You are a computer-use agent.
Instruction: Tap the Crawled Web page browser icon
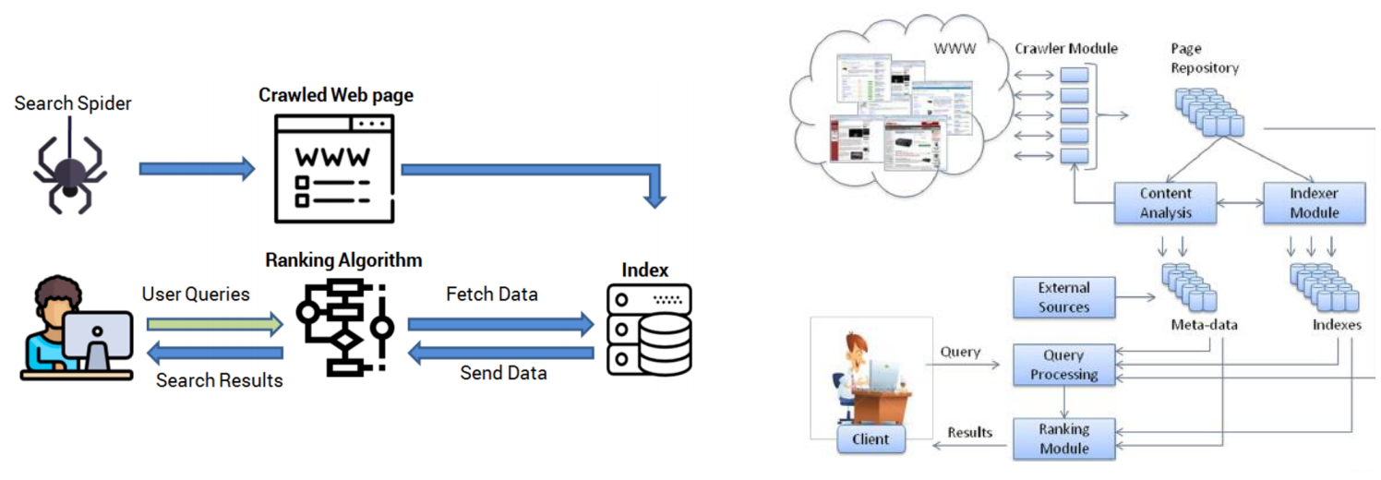(x=333, y=168)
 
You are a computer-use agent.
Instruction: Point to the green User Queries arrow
(x=214, y=324)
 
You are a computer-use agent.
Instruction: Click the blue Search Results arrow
(x=214, y=352)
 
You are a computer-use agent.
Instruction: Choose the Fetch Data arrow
(x=499, y=324)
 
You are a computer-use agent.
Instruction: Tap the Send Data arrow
(x=499, y=352)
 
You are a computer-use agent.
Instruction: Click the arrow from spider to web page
(x=196, y=168)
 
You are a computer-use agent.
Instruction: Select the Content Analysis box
(x=1166, y=203)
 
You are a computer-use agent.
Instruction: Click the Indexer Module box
(x=1314, y=203)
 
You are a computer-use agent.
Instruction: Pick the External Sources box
(x=1063, y=297)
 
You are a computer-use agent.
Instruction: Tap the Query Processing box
(x=1063, y=365)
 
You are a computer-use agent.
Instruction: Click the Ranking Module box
(x=1063, y=438)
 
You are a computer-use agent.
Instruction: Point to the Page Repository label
(x=1205, y=57)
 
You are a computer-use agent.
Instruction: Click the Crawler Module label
(x=1066, y=48)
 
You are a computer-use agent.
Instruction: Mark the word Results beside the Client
(x=969, y=431)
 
